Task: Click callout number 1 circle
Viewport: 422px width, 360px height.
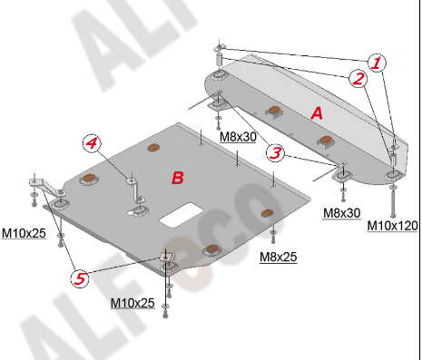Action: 377,63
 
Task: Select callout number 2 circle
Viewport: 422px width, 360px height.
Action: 358,79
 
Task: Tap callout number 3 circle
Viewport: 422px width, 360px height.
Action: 275,152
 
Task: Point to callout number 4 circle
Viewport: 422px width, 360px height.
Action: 92,142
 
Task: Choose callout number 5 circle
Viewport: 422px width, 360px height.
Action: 80,278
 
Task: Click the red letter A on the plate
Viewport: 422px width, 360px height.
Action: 317,113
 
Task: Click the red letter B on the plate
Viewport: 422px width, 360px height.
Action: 178,178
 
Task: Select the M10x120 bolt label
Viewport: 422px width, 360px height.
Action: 392,226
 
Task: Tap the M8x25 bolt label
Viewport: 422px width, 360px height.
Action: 279,257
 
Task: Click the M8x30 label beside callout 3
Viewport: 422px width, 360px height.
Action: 238,137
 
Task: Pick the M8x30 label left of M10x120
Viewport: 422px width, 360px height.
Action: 342,213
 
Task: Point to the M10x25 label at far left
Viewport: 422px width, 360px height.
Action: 24,233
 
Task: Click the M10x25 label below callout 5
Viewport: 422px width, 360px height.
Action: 132,303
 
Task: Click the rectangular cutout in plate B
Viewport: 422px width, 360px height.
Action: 182,215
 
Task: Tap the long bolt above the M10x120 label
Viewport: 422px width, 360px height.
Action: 393,202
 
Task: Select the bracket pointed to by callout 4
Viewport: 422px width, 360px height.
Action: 135,190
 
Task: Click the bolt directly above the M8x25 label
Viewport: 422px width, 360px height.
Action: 273,237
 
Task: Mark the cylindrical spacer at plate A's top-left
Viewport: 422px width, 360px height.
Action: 219,58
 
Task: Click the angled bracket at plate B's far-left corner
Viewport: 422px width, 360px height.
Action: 46,188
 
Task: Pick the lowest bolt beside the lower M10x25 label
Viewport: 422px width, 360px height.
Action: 165,312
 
